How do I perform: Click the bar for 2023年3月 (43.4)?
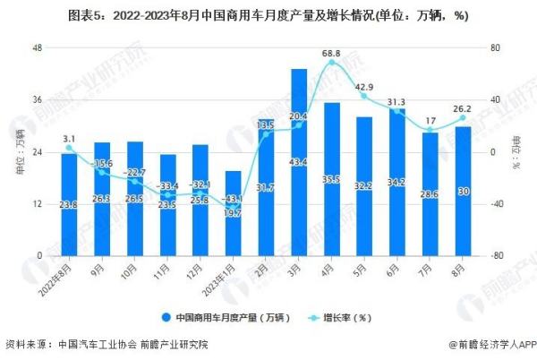[x=298, y=161]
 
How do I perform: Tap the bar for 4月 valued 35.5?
[x=331, y=179]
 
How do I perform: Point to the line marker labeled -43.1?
[x=233, y=208]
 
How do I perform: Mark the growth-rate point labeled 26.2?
[x=463, y=118]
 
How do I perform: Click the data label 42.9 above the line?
[x=364, y=87]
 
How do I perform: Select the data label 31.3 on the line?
[x=396, y=101]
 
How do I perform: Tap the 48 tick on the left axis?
[x=37, y=47]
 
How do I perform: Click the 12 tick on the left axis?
[x=37, y=203]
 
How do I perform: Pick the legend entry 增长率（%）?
[x=341, y=317]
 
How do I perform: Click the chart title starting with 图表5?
[x=268, y=15]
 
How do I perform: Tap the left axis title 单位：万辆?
[x=20, y=152]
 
